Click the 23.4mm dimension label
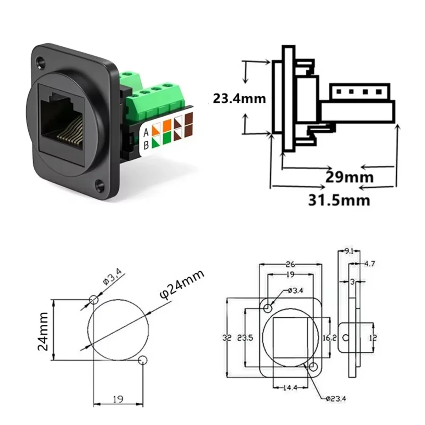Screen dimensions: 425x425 click(x=239, y=98)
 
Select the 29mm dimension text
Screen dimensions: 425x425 click(x=349, y=177)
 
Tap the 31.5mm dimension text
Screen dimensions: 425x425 click(x=339, y=200)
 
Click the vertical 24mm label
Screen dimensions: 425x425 click(x=43, y=331)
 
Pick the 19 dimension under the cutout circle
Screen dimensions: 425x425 click(x=118, y=399)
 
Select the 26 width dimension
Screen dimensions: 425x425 click(x=290, y=264)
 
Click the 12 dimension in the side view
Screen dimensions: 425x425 click(x=373, y=338)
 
